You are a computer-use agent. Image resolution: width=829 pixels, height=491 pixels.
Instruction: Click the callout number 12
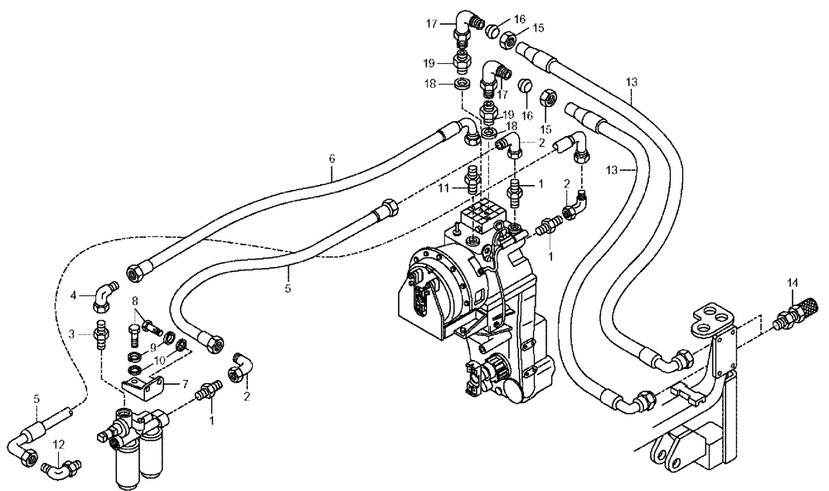point(57,445)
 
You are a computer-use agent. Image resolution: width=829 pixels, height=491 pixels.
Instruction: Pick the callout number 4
point(74,294)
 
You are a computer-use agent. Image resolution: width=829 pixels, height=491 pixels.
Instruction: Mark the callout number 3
point(73,333)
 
